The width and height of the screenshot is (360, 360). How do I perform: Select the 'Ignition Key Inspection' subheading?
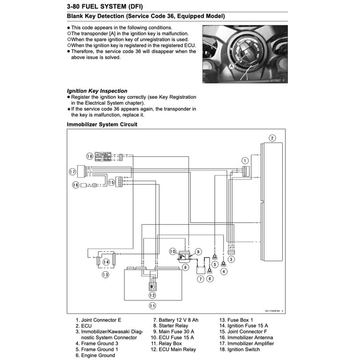[97, 91]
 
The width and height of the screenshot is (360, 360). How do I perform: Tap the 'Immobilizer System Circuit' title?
[102, 125]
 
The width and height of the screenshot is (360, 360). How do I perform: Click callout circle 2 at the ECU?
[272, 138]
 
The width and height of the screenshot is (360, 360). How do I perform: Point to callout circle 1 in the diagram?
[244, 160]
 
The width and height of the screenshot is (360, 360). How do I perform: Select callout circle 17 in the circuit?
[72, 172]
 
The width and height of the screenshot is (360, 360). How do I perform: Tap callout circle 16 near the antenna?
[75, 186]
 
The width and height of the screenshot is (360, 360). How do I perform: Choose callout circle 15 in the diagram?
[112, 182]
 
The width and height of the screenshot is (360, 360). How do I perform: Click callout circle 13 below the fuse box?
[105, 275]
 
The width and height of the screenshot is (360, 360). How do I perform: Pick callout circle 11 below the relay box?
[152, 306]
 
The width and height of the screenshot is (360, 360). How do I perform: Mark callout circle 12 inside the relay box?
[152, 295]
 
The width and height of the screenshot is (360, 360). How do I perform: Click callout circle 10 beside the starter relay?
[172, 251]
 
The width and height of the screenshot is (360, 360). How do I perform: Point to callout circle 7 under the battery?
[200, 279]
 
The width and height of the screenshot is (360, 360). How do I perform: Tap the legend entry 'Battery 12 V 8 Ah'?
[175, 320]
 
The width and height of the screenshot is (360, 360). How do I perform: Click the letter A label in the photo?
[231, 67]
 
